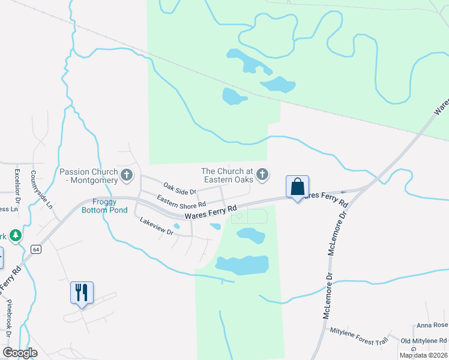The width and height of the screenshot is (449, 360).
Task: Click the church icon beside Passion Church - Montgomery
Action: pos(126,175)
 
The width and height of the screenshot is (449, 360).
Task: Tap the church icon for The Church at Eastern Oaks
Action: pos(262,175)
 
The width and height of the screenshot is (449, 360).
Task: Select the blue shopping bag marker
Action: pos(297,187)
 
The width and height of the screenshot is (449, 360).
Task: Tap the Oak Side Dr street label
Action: pos(179,189)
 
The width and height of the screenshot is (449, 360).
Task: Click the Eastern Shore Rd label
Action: pos(181,200)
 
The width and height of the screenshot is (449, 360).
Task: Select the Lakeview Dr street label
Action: pos(156,228)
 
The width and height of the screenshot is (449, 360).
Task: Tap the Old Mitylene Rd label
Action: pos(424,341)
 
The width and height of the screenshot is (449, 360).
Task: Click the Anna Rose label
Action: pos(433,325)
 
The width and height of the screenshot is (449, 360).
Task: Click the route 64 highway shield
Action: pos(36,248)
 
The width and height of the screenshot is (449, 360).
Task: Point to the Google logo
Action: pos(20,353)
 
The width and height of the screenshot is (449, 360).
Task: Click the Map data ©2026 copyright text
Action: pos(423,355)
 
